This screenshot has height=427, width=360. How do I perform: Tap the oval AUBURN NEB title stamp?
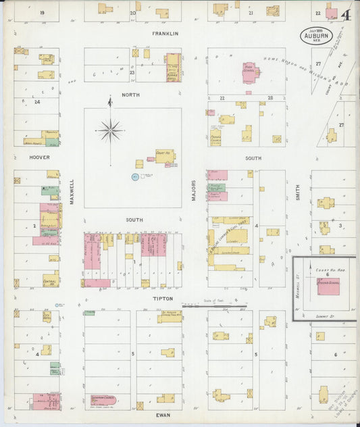point(317,34)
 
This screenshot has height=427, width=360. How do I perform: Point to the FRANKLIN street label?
point(165,33)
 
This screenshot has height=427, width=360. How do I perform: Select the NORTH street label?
point(130,95)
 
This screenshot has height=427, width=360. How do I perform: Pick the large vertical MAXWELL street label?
point(72,191)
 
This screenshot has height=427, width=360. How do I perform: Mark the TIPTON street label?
point(163,298)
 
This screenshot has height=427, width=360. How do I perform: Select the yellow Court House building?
point(165,157)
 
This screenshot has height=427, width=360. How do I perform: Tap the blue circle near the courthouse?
point(134,177)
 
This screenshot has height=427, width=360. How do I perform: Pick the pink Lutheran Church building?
point(105,399)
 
